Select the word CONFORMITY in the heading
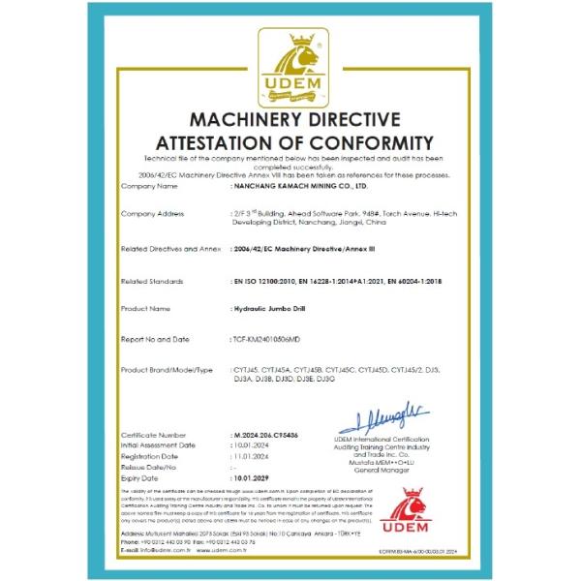pos(362,141)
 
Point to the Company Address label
pos(153,213)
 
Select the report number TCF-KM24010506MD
pos(274,338)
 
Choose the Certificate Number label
pos(154,436)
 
